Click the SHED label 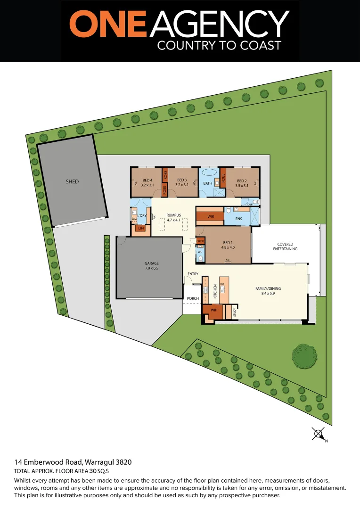pos(72,181)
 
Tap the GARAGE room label pos(152,263)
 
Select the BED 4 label pos(147,181)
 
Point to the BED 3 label pos(182,181)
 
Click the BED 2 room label pos(242,181)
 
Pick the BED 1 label pos(228,243)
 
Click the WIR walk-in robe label pos(211,217)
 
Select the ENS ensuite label pos(239,219)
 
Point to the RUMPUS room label pos(173,215)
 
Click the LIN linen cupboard pos(140,229)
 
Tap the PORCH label pos(193,298)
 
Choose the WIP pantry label pos(213,310)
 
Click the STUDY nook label pos(234,312)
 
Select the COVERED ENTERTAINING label pos(287,247)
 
